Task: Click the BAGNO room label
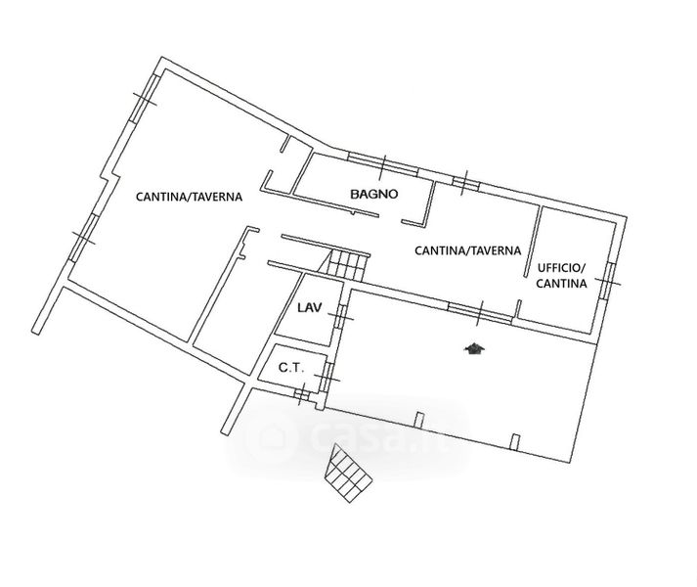[x=374, y=194]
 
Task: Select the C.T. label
[x=290, y=369]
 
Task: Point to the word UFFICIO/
[x=560, y=267]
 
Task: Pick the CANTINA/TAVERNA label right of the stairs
[x=467, y=250]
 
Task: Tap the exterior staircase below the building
[x=350, y=474]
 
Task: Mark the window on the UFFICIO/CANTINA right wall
[x=609, y=278]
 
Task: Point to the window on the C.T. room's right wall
[x=329, y=373]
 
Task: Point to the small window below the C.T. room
[x=303, y=393]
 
